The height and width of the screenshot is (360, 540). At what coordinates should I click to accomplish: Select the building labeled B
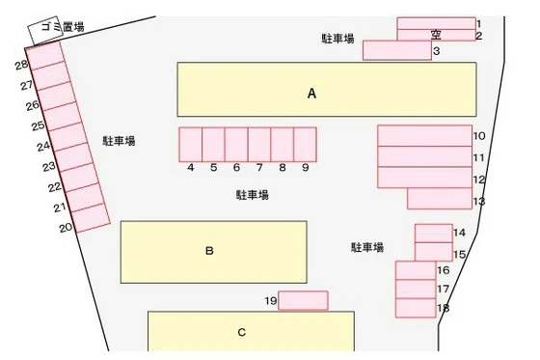coord(213,251)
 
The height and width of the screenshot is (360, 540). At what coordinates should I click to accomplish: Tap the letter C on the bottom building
coord(242,332)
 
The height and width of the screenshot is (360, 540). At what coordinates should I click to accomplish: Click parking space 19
coord(303,300)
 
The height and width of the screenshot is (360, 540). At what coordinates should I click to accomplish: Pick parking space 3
coord(396,50)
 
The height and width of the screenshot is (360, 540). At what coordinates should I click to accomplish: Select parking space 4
coord(191,144)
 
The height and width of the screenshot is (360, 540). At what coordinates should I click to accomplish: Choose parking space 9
coord(305,144)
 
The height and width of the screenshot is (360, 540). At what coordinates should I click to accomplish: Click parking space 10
coord(424,135)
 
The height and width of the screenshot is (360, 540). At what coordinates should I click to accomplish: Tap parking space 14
coord(433,233)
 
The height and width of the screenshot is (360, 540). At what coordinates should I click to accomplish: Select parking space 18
coord(416,308)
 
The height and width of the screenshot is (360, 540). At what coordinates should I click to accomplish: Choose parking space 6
coord(236,144)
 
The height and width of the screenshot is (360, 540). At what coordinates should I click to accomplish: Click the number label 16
coord(444,270)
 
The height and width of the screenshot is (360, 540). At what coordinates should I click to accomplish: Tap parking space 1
coord(436,22)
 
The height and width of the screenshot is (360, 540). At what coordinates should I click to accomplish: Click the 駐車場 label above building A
coord(337,39)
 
